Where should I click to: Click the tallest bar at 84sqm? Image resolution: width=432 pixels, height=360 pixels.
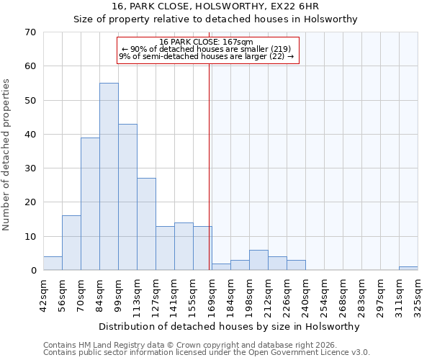109,176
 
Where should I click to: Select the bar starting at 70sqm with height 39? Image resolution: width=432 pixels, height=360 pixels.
90,204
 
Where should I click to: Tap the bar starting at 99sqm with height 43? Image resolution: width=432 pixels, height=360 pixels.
127,197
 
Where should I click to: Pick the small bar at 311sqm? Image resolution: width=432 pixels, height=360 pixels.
408,269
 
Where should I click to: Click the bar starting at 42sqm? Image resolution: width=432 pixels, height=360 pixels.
53,264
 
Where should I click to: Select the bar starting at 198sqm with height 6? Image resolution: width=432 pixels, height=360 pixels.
258,260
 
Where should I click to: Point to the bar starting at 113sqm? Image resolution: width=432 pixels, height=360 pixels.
146,224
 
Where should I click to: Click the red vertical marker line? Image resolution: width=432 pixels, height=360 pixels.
210,166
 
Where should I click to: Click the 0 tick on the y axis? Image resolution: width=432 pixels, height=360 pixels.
32,271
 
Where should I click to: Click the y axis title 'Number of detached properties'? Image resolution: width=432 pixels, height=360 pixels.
7,156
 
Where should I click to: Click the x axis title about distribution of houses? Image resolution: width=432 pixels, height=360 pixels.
229,326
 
